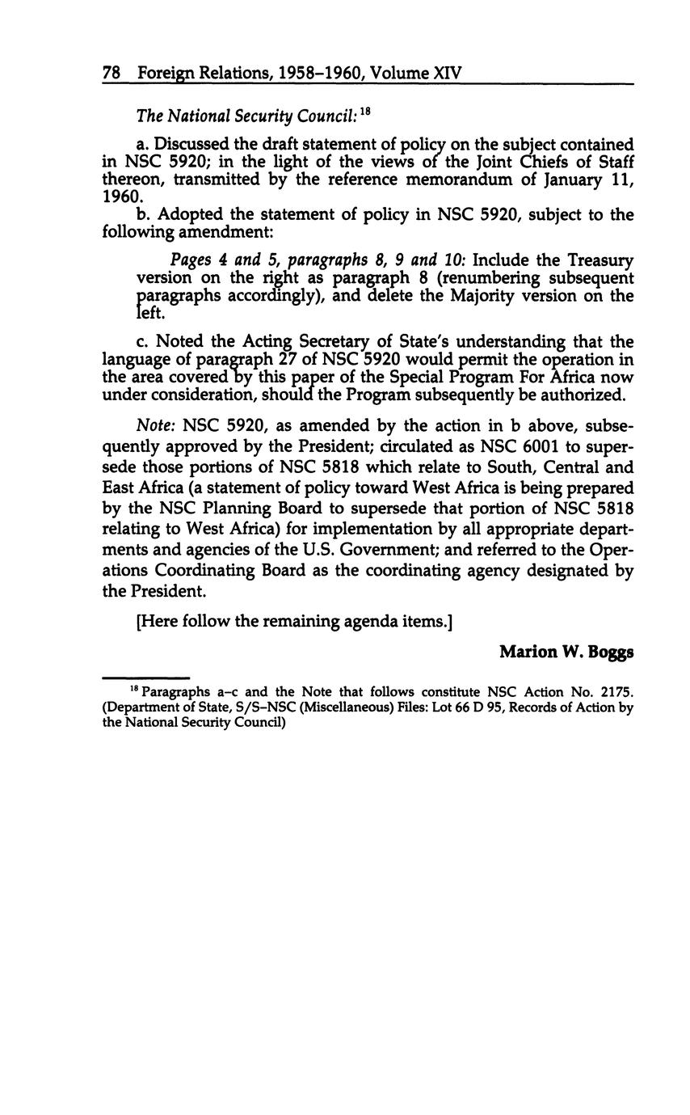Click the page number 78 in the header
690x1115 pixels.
[111, 74]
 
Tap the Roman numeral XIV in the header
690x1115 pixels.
[448, 74]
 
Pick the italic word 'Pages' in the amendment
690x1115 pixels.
[190, 261]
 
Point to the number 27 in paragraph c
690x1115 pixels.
[255, 360]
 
